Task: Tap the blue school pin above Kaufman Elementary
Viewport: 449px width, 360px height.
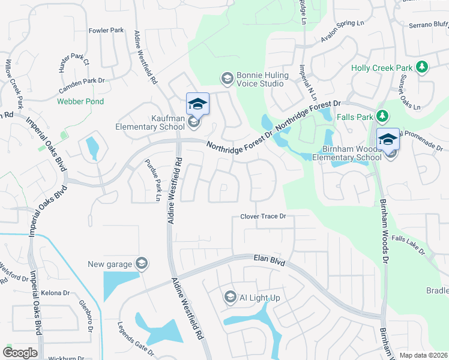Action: click(x=197, y=104)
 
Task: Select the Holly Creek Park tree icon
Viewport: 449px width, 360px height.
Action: click(x=422, y=66)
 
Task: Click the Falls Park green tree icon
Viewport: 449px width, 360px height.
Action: click(x=381, y=115)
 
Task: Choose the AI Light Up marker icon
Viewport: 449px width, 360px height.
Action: click(x=230, y=296)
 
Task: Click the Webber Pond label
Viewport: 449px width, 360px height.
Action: click(x=80, y=101)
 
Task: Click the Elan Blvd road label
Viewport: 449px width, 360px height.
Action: click(x=268, y=260)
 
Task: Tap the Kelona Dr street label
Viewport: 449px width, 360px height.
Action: click(x=56, y=293)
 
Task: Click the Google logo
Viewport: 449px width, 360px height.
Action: click(x=20, y=353)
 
